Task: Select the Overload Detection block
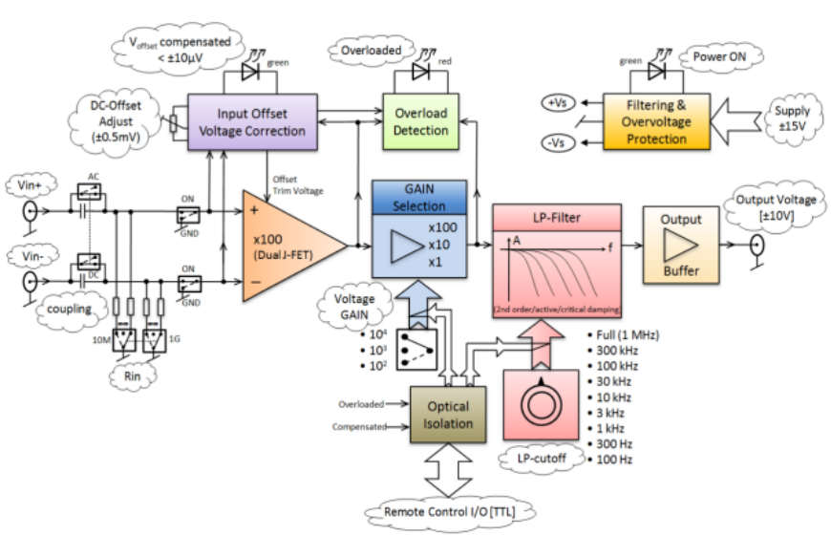[420, 120]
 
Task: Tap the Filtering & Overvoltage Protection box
[656, 121]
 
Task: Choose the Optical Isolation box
[448, 414]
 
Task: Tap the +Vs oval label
[557, 102]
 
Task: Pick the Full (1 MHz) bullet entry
[626, 335]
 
